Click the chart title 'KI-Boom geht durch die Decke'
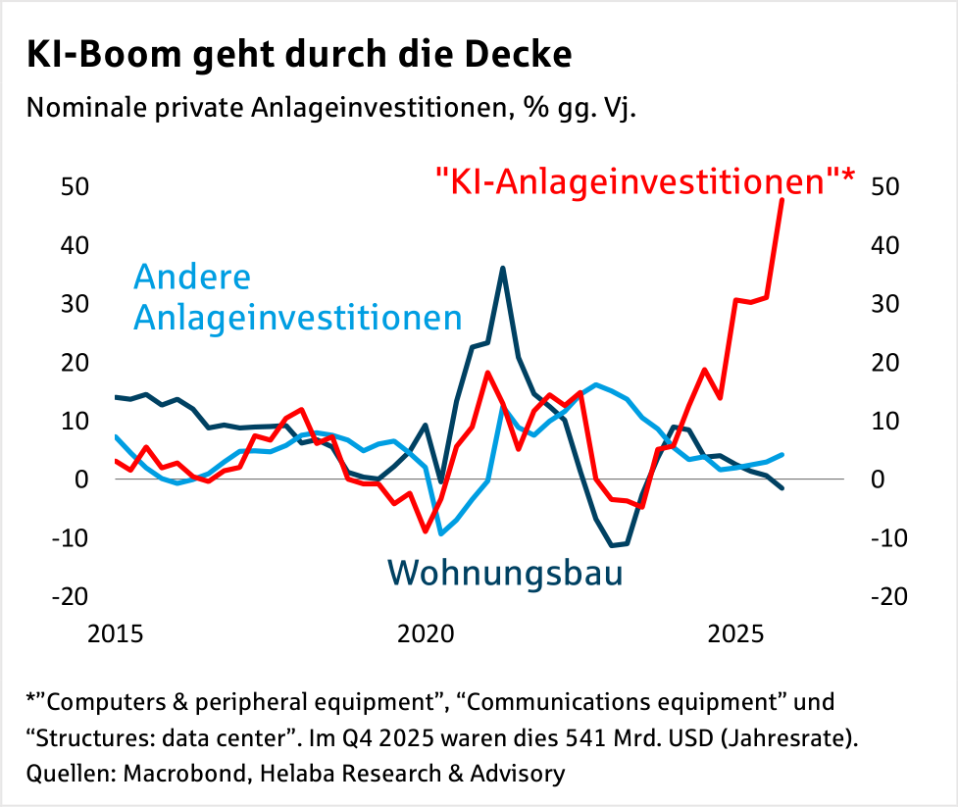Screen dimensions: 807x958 click(299, 54)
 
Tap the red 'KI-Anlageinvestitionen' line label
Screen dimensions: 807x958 click(644, 181)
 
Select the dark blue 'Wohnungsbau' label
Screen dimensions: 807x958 click(505, 571)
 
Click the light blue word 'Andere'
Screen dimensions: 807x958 click(192, 277)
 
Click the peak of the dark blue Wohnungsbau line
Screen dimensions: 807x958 click(502, 268)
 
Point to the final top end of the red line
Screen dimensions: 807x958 click(782, 199)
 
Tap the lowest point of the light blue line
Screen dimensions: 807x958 click(440, 534)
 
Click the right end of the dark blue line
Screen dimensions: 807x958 click(782, 488)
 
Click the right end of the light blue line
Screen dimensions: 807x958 click(782, 454)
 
